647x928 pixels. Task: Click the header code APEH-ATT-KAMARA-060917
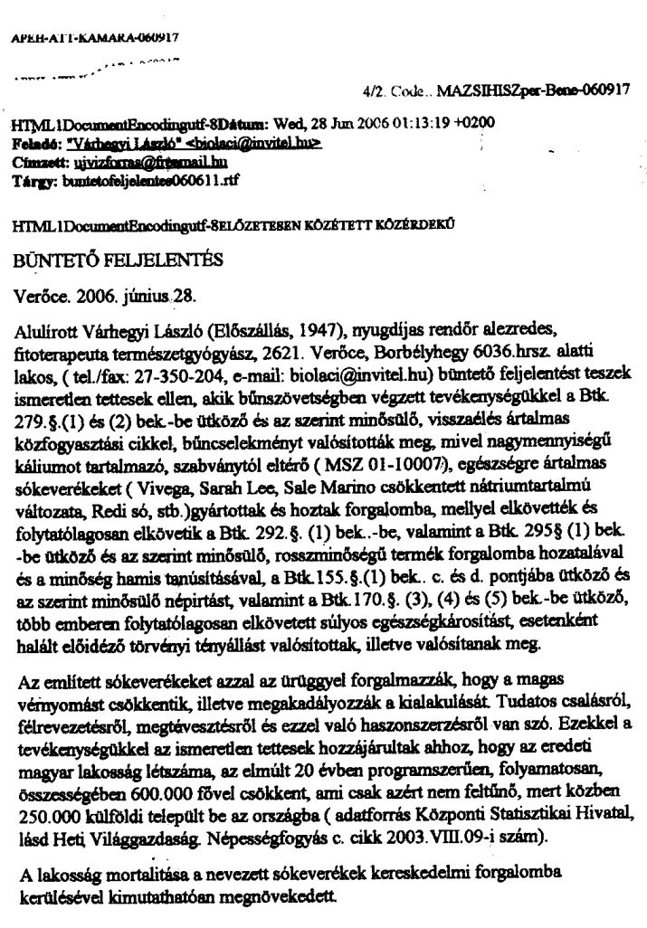click(x=95, y=38)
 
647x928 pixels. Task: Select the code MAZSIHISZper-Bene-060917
click(x=533, y=90)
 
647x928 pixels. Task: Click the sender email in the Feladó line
click(x=272, y=143)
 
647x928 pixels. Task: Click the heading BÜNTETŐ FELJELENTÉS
click(x=118, y=262)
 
